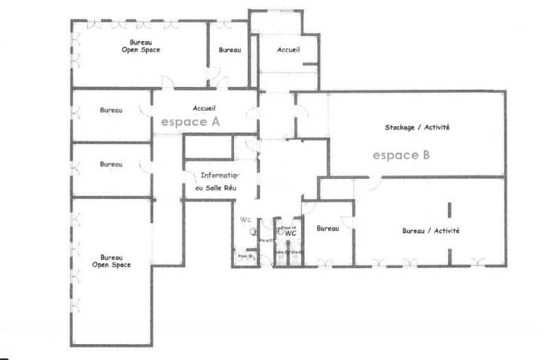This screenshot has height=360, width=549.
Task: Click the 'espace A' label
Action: pos(190,122)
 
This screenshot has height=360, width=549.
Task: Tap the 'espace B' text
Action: pos(401,155)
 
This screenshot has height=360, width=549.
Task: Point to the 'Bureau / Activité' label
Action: pos(430,231)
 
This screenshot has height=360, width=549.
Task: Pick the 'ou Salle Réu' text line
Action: pos(215,187)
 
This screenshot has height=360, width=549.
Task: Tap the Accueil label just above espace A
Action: pos(205,108)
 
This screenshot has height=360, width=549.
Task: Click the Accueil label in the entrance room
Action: pos(289,50)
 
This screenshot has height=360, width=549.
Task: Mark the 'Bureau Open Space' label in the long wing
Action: pos(111,261)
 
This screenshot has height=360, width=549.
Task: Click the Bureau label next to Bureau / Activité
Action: pos(328,228)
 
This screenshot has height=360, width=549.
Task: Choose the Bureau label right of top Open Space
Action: pos(230,50)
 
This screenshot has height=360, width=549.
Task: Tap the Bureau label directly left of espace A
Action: pos(110,110)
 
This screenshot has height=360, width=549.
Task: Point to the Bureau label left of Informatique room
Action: pos(110,165)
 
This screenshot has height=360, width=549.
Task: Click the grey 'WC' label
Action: pos(246,219)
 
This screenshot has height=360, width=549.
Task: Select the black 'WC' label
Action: pos(291,233)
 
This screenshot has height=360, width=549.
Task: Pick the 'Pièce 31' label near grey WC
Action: pos(244,256)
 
